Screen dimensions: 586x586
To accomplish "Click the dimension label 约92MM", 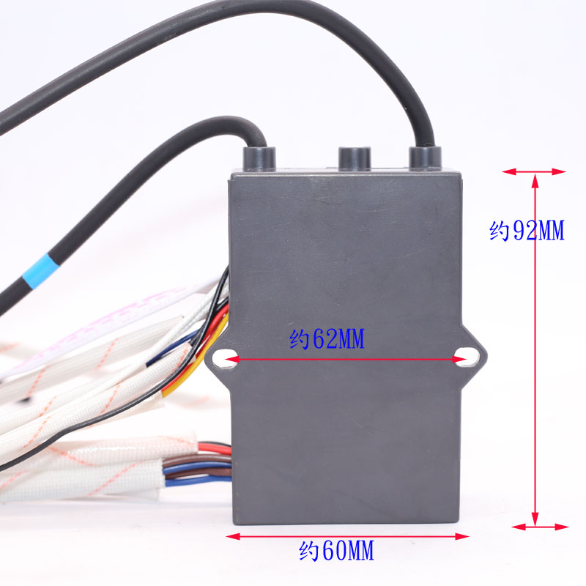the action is tap(527, 231).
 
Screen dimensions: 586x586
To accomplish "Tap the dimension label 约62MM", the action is tap(327, 340).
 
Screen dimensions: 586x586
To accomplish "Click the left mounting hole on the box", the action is tap(226, 358).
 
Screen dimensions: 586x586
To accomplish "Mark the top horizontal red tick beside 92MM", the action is tap(535, 171).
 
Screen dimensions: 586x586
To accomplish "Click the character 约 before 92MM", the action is tap(500, 231).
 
